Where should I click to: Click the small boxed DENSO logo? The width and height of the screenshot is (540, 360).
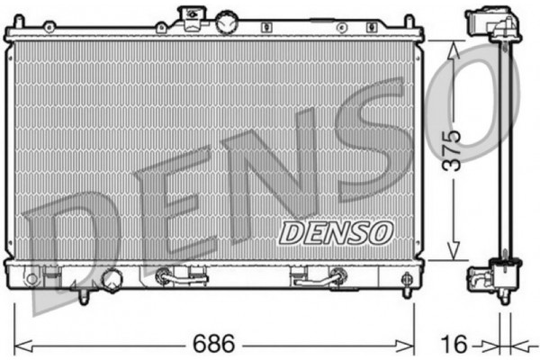click(336, 231)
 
